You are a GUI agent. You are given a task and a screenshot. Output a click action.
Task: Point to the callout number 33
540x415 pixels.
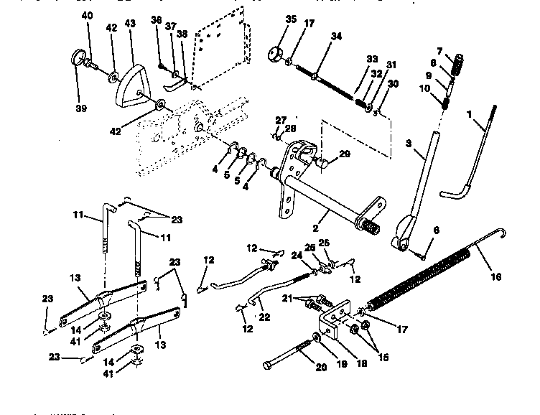[x=371, y=58]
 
